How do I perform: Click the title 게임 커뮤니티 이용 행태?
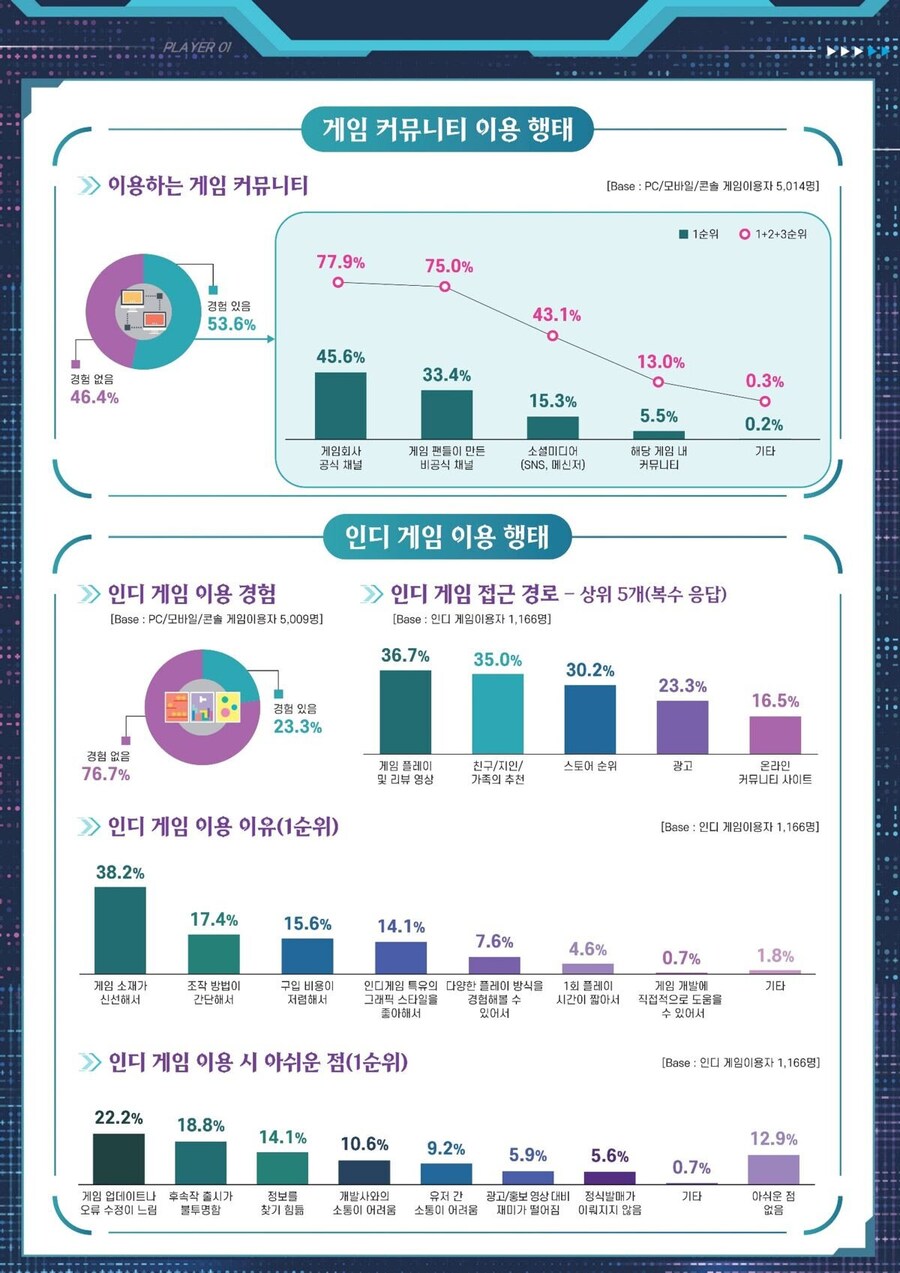tap(448, 129)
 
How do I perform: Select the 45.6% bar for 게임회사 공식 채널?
tap(340, 405)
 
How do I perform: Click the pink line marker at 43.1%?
tap(552, 336)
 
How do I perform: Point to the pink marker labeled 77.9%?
tap(339, 283)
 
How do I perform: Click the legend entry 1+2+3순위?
tap(773, 234)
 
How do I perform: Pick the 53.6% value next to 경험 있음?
tap(231, 324)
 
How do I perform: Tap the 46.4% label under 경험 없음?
tap(94, 397)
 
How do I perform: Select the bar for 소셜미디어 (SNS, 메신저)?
tap(552, 427)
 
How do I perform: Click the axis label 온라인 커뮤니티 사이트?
tap(775, 772)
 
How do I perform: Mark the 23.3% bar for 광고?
tap(682, 726)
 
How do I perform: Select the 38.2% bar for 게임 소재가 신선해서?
tap(120, 930)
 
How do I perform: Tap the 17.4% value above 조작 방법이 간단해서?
tap(213, 919)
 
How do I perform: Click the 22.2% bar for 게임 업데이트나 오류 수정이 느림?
tap(119, 1158)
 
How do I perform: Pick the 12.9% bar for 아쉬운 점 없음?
tap(773, 1169)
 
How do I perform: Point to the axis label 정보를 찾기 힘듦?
tap(282, 1202)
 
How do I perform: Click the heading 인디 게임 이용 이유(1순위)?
tap(223, 827)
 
